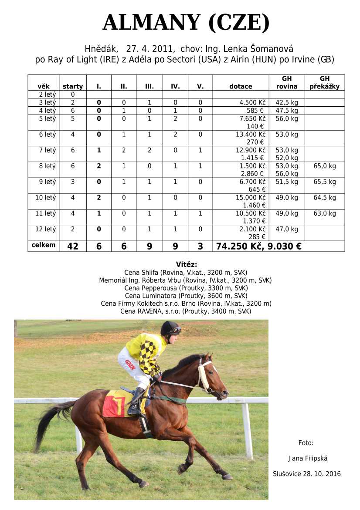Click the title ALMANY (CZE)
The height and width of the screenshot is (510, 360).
pyautogui.click(x=186, y=23)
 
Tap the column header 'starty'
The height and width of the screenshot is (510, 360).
pyautogui.click(x=73, y=86)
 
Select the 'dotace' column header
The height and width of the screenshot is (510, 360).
pyautogui.click(x=241, y=86)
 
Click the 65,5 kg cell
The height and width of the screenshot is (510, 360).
pyautogui.click(x=325, y=182)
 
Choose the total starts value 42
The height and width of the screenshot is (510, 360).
pyautogui.click(x=73, y=246)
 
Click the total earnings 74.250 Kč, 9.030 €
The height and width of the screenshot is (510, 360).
pyautogui.click(x=259, y=246)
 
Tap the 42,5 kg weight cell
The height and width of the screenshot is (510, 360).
pyautogui.click(x=287, y=102)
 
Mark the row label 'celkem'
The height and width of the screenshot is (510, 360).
pyautogui.click(x=44, y=245)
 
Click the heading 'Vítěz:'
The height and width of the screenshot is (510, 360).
pyautogui.click(x=187, y=264)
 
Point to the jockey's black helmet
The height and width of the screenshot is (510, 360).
pyautogui.click(x=170, y=327)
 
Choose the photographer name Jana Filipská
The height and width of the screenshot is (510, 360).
pyautogui.click(x=308, y=458)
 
